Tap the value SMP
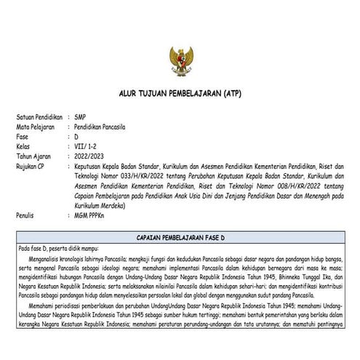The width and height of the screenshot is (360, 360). [79, 116]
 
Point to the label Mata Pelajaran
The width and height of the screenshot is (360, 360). [34, 126]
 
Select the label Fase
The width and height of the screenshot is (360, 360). [23, 136]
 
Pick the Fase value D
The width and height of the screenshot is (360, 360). [76, 136]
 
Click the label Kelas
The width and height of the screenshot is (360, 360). [24, 145]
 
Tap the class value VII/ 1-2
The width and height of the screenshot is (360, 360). [84, 145]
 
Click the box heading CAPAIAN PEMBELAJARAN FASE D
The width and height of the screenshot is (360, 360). [179, 238]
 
